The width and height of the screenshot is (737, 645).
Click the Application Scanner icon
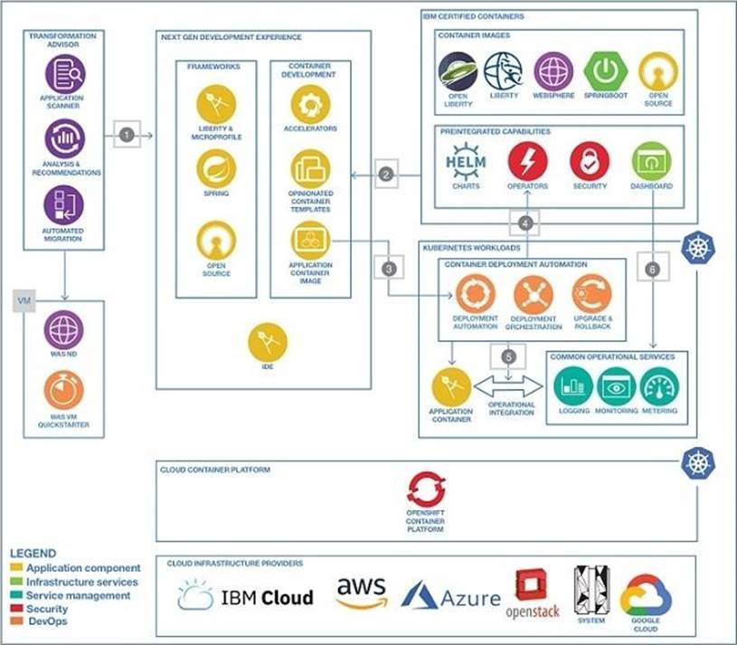(x=64, y=73)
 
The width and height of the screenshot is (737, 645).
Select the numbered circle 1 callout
(x=127, y=136)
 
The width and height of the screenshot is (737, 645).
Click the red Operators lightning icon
(x=527, y=161)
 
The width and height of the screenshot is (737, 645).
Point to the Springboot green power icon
(x=605, y=71)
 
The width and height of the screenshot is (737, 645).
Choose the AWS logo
(x=361, y=593)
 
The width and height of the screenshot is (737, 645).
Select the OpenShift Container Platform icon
(x=425, y=491)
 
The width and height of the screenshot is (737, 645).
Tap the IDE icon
(x=268, y=342)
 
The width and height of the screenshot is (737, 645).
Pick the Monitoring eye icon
(x=617, y=386)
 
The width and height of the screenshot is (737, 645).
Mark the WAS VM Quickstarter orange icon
(x=64, y=390)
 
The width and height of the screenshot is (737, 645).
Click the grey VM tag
(x=24, y=300)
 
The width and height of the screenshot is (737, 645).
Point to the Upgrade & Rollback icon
(x=591, y=294)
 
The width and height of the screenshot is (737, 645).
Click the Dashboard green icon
(x=651, y=161)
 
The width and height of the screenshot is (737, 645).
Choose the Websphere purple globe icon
(x=553, y=71)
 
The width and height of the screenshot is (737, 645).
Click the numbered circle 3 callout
(x=389, y=269)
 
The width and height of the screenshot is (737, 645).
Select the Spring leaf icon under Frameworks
(x=216, y=168)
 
